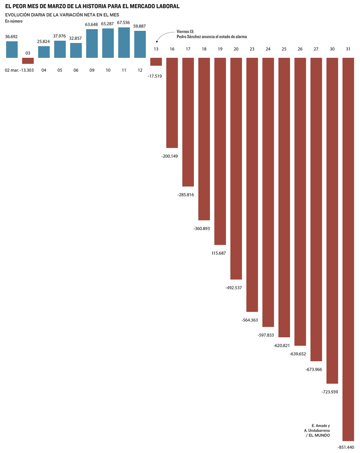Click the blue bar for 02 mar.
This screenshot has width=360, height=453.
(12, 49)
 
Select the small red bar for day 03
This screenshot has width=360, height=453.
(28, 60)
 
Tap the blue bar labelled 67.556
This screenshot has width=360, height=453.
(124, 42)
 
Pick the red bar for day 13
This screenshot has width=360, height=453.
(156, 62)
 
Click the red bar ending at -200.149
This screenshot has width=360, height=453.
(172, 103)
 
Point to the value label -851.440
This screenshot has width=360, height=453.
(346, 447)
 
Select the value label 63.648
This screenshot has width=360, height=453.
(92, 25)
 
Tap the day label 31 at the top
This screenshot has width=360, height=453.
(348, 49)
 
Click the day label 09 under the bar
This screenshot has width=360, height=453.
(92, 70)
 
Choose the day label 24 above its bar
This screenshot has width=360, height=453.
(268, 49)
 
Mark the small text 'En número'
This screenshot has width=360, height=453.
(14, 21)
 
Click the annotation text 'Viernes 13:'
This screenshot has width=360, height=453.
(185, 32)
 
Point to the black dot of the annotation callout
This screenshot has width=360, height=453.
(157, 42)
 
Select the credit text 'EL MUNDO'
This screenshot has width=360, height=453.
(319, 435)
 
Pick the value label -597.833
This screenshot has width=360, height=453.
(266, 335)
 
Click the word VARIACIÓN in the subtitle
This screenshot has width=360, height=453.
(70, 15)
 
